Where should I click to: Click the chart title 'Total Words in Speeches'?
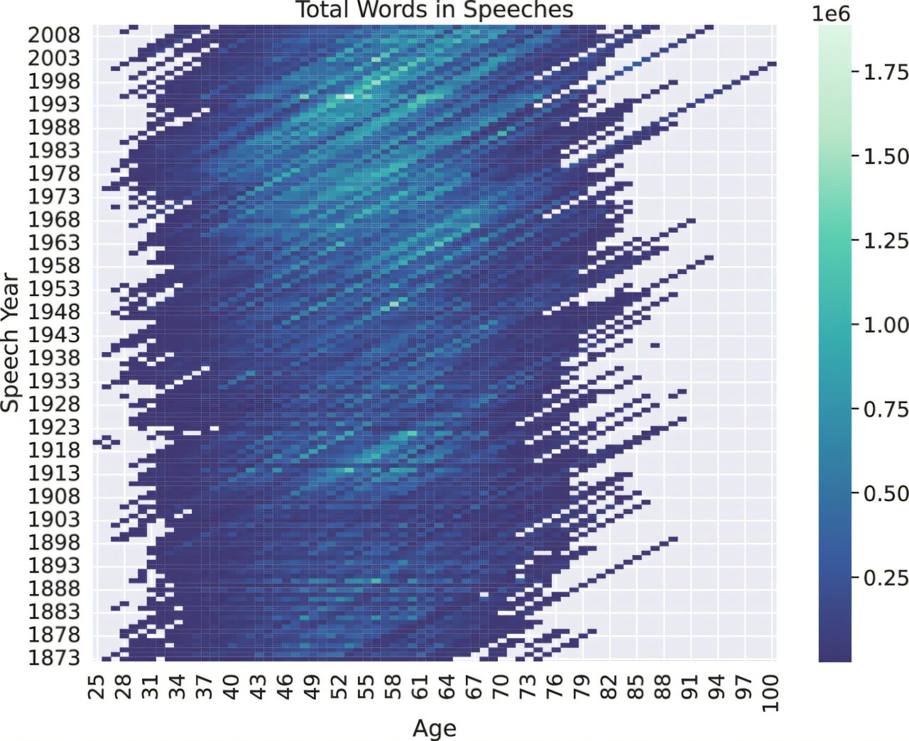point(435,10)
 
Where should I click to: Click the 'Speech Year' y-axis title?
point(10,342)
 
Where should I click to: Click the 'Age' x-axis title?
point(434,728)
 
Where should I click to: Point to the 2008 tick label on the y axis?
point(54,35)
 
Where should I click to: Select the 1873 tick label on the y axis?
point(54,658)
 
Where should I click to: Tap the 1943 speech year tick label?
point(54,335)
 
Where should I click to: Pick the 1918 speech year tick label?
point(54,450)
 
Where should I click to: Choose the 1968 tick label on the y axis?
point(54,219)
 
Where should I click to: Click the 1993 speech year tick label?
point(54,104)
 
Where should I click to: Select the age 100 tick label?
point(773,692)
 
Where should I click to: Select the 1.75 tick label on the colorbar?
point(886,72)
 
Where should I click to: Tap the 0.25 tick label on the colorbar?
point(886,578)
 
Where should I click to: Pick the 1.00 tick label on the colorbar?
point(886,325)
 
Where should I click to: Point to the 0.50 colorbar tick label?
point(886,494)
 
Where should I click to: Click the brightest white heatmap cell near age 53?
point(348,96)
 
